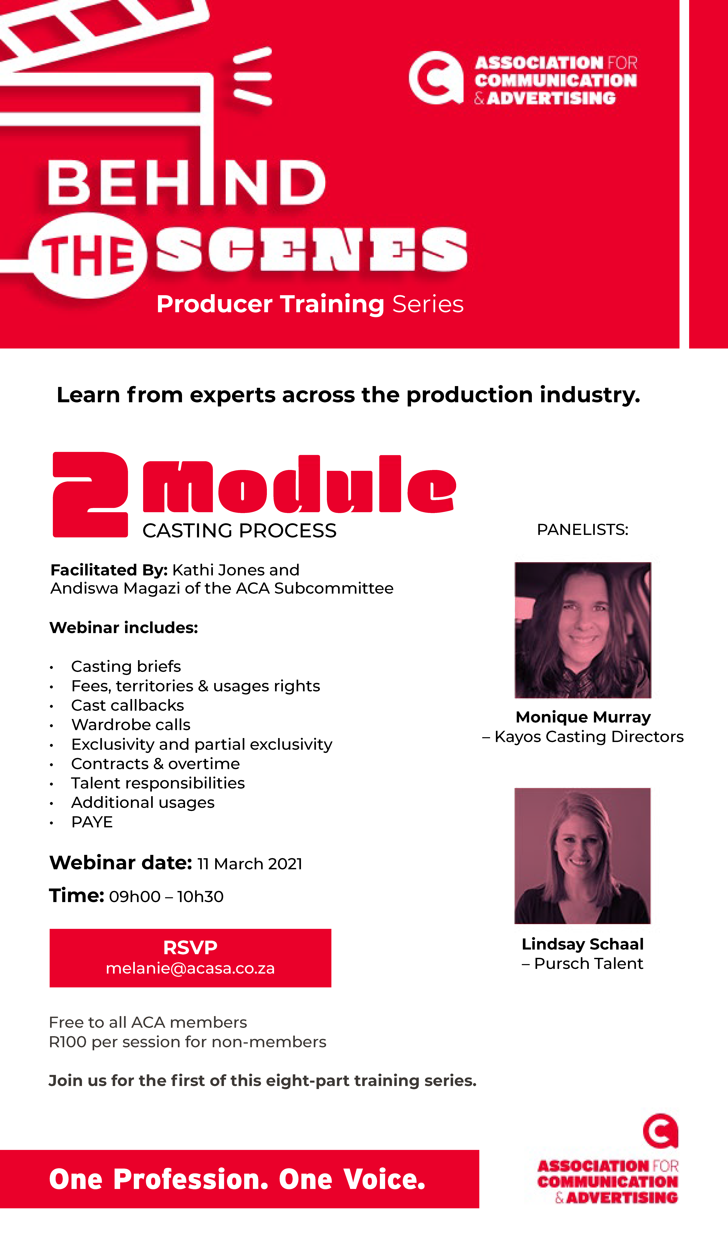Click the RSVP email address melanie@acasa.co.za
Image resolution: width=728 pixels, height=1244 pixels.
click(x=190, y=968)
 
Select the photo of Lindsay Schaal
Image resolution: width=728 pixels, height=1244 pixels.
click(x=582, y=856)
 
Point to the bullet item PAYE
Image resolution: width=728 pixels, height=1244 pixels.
click(x=92, y=822)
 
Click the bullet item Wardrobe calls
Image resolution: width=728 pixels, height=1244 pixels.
click(x=131, y=725)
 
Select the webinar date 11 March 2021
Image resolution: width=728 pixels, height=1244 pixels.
click(x=250, y=864)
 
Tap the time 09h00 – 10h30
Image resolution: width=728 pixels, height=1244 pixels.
click(x=166, y=897)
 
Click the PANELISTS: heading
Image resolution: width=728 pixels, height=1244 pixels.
click(x=582, y=530)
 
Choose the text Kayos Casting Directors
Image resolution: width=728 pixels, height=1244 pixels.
click(x=589, y=736)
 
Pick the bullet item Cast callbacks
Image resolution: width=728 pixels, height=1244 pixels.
click(x=127, y=705)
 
